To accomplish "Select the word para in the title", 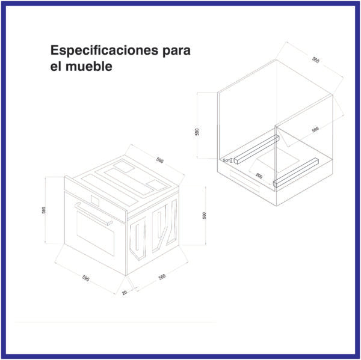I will [x=176, y=50].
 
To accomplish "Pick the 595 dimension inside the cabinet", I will [x=315, y=130].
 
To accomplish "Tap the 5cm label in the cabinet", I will [x=227, y=160].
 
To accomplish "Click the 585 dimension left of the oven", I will [x=44, y=210].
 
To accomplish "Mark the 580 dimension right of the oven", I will [x=205, y=216].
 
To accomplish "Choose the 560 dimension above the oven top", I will [x=159, y=160].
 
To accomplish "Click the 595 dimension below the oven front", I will [x=86, y=279].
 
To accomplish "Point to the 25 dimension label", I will [x=125, y=293].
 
